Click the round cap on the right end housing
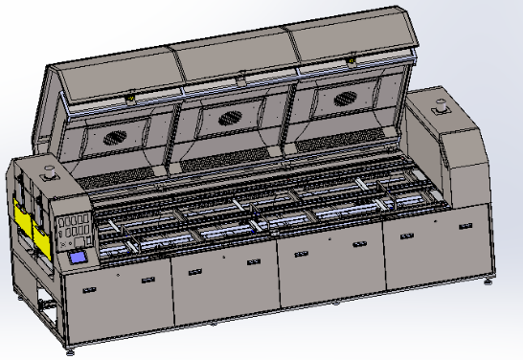coord(443,108)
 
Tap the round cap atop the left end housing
coord(46,174)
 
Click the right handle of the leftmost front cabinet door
coord(147,279)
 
